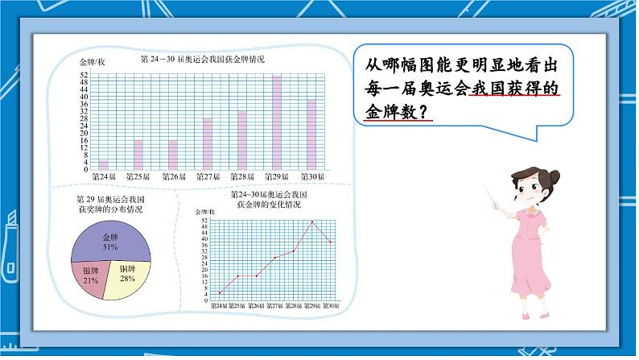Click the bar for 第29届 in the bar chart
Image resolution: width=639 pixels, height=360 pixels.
[x=277, y=121]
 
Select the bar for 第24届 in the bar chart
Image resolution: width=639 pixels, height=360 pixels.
[x=103, y=164]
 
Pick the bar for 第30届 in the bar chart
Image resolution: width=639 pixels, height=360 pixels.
[x=311, y=134]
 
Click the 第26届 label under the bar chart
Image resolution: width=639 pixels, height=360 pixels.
[x=173, y=177]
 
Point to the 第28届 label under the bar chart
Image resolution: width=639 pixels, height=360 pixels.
[x=242, y=177]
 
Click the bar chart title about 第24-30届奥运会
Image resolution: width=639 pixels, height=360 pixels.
[x=202, y=60]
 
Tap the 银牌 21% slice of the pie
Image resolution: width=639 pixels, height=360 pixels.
[x=90, y=275]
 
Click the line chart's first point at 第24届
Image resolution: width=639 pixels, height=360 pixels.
[x=220, y=292]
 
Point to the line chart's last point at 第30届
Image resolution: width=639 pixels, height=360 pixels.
[x=331, y=242]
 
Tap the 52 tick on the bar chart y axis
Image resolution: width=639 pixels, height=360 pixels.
[x=84, y=76]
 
